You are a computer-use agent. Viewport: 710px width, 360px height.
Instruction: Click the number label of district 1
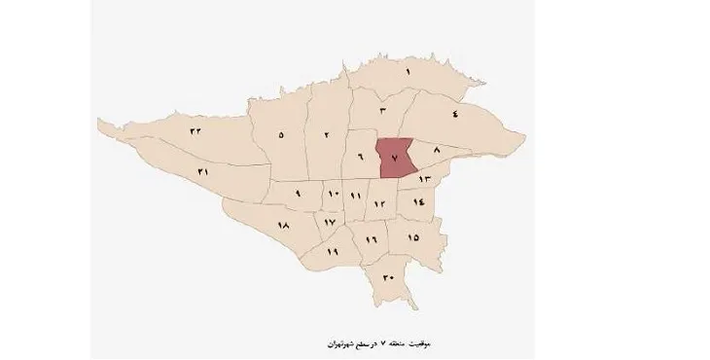pyautogui.click(x=409, y=74)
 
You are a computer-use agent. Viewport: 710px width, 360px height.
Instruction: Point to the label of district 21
pyautogui.click(x=202, y=172)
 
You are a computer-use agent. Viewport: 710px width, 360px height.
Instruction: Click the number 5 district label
pyautogui.click(x=281, y=134)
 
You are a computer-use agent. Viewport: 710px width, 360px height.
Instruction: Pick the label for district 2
pyautogui.click(x=327, y=134)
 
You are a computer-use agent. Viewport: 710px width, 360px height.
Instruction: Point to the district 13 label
pyautogui.click(x=424, y=181)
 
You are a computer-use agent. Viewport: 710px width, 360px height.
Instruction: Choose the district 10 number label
pyautogui.click(x=332, y=196)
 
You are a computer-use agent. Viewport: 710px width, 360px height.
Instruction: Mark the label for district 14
pyautogui.click(x=418, y=201)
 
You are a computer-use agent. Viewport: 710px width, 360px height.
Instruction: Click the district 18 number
pyautogui.click(x=284, y=226)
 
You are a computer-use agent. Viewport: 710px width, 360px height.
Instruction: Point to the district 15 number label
pyautogui.click(x=412, y=237)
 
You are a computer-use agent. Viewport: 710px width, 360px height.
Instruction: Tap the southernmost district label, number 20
pyautogui.click(x=388, y=278)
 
